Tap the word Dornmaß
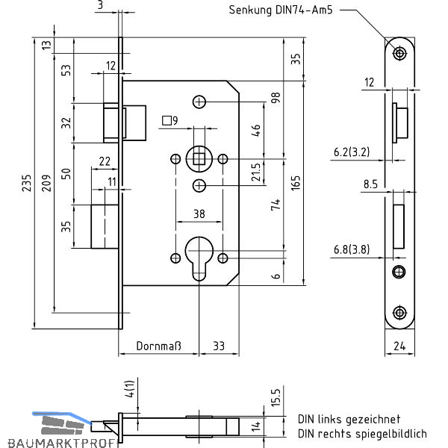(x=159, y=346)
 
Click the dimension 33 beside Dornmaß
(x=220, y=346)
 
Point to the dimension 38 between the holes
(x=199, y=214)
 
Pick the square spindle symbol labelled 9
(x=169, y=120)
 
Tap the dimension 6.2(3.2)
(x=351, y=153)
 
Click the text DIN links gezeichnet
(x=349, y=420)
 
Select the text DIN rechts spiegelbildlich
(x=362, y=433)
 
